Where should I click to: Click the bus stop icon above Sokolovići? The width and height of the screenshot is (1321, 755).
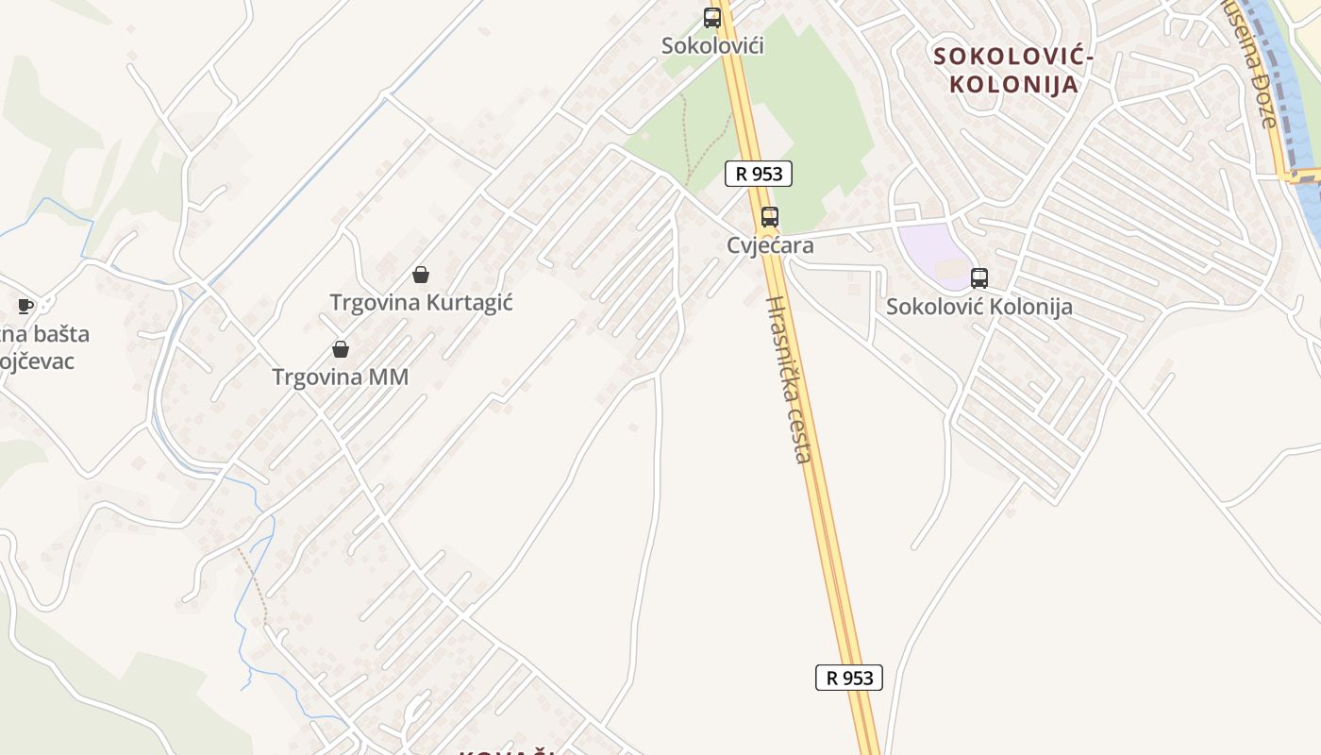pyautogui.click(x=712, y=17)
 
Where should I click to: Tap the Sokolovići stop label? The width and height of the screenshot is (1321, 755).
pyautogui.click(x=712, y=45)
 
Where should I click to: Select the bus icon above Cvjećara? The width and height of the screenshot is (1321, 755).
pyautogui.click(x=770, y=217)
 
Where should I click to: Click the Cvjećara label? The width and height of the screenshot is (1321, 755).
pyautogui.click(x=770, y=245)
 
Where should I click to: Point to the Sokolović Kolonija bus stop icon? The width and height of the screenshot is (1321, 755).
pyautogui.click(x=979, y=278)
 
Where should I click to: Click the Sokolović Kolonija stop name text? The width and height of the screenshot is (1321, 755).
pyautogui.click(x=979, y=307)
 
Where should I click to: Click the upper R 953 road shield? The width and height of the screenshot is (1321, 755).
pyautogui.click(x=758, y=174)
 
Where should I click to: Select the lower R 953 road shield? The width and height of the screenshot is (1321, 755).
pyautogui.click(x=848, y=678)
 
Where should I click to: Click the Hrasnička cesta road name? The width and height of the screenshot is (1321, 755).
pyautogui.click(x=789, y=379)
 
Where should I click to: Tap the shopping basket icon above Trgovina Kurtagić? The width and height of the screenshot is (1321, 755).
pyautogui.click(x=421, y=275)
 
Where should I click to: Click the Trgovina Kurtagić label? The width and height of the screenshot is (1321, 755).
pyautogui.click(x=421, y=303)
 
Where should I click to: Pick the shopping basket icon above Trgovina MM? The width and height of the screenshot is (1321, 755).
pyautogui.click(x=341, y=349)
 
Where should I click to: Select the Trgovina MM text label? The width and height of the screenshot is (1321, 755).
pyautogui.click(x=341, y=377)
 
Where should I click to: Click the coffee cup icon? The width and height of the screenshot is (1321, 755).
pyautogui.click(x=25, y=306)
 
